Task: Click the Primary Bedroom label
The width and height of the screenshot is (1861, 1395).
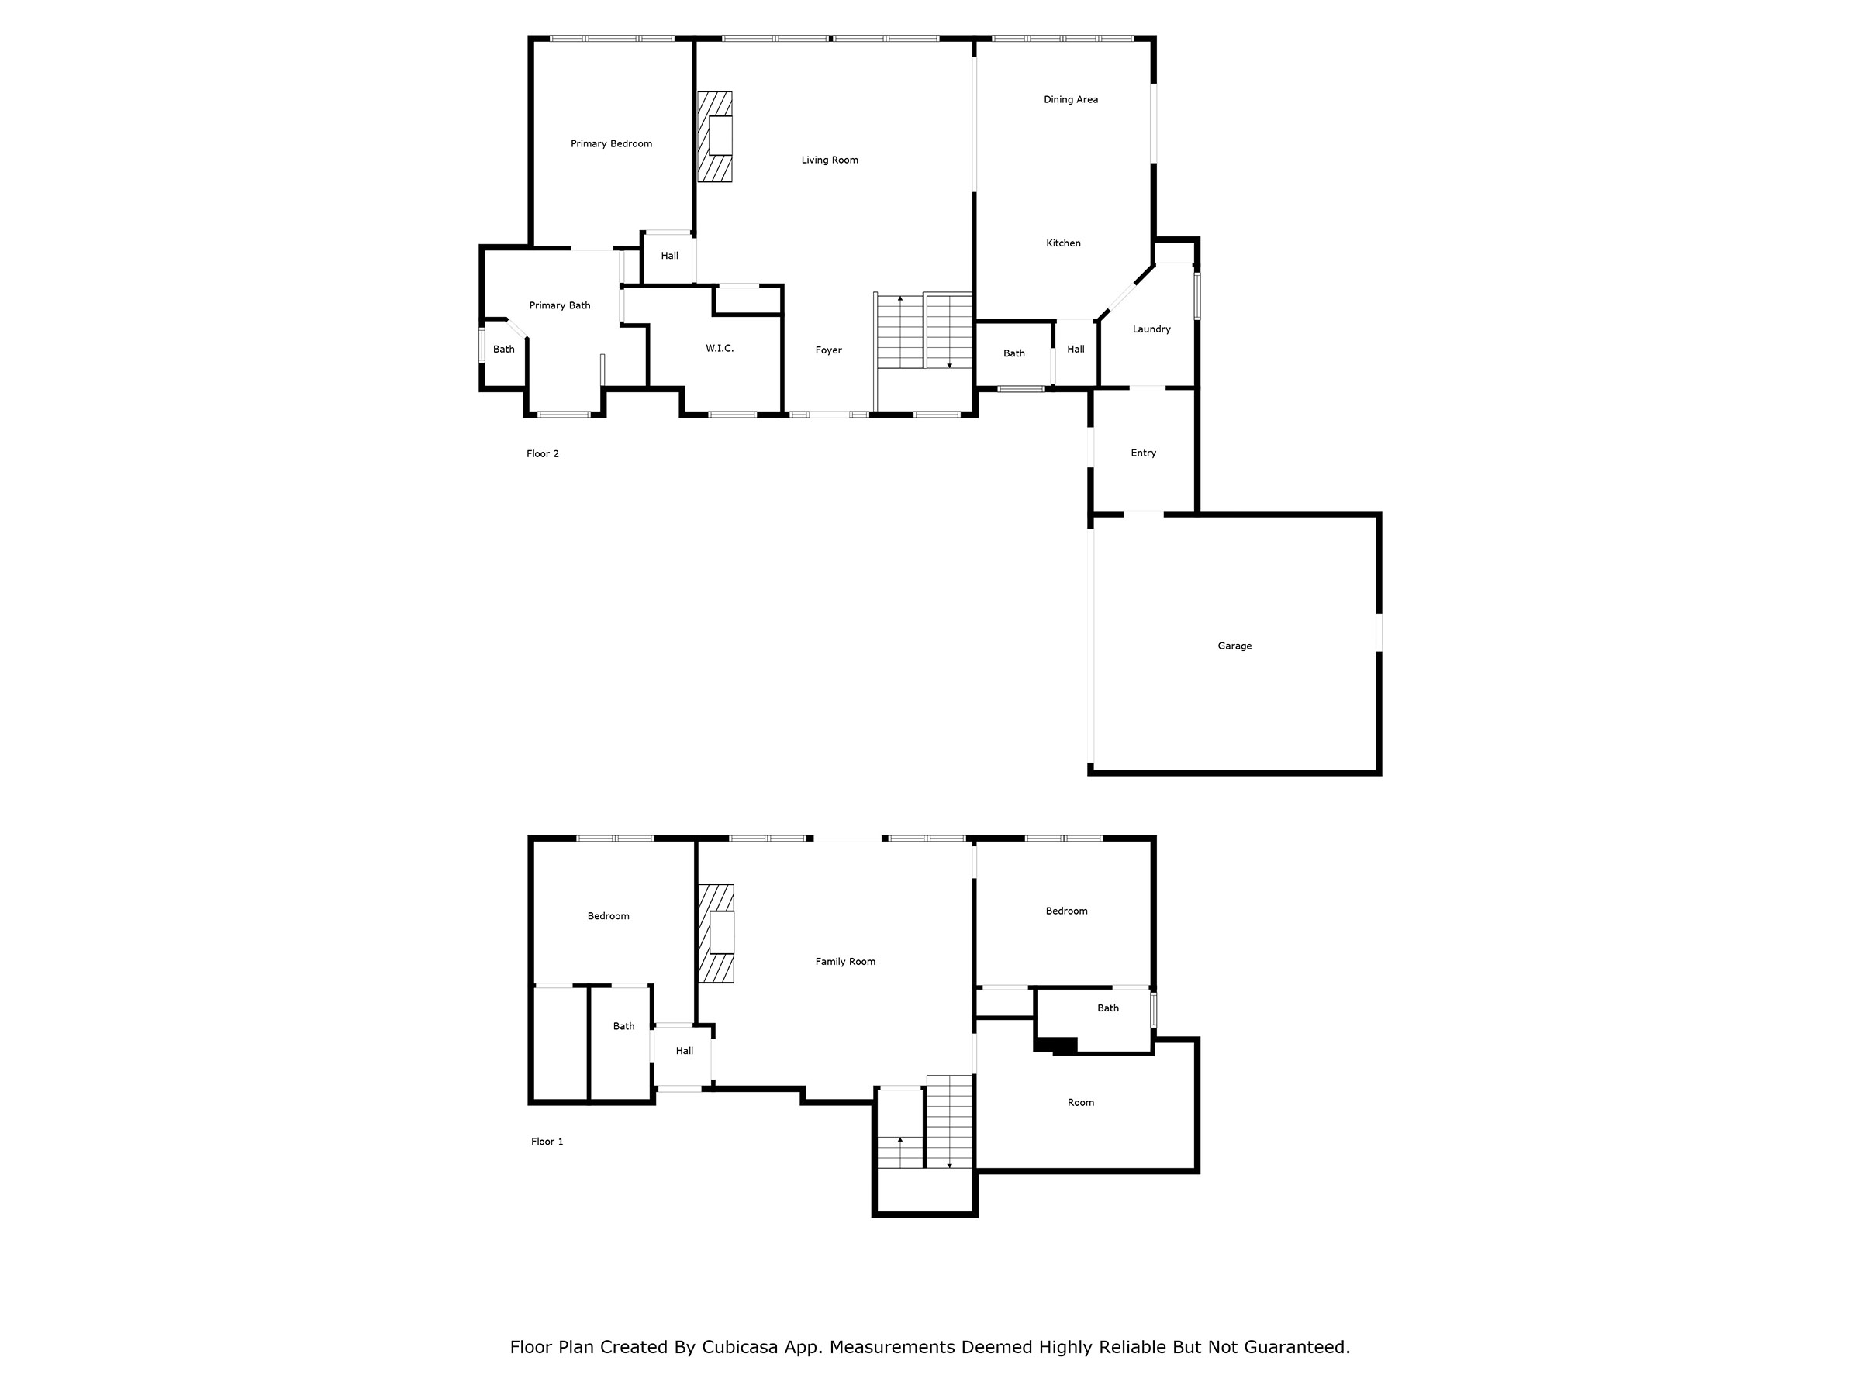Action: pyautogui.click(x=611, y=144)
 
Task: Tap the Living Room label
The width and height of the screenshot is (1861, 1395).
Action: pyautogui.click(x=830, y=160)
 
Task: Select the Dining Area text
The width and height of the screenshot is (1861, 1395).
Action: pyautogui.click(x=1070, y=99)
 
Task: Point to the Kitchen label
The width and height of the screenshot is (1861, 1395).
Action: pyautogui.click(x=1063, y=243)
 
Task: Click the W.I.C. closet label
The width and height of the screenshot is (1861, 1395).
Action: pyautogui.click(x=720, y=348)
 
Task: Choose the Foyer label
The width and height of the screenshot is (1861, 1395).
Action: pyautogui.click(x=829, y=350)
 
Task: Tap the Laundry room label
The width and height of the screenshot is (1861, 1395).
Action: pyautogui.click(x=1151, y=329)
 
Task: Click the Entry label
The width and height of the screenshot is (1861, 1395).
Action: pyautogui.click(x=1144, y=453)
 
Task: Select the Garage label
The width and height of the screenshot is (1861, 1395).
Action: pyautogui.click(x=1234, y=646)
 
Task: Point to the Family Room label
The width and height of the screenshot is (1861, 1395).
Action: pyautogui.click(x=844, y=961)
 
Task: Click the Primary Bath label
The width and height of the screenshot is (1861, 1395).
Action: pyautogui.click(x=560, y=305)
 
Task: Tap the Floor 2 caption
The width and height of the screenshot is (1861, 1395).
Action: pyautogui.click(x=543, y=454)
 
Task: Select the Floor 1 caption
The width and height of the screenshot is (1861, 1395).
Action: pyautogui.click(x=547, y=1141)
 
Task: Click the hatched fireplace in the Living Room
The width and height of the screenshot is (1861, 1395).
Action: pyautogui.click(x=714, y=136)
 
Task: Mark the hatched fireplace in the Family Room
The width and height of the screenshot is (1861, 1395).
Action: pyautogui.click(x=716, y=932)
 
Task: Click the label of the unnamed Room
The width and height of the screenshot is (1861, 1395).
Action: pyautogui.click(x=1080, y=1102)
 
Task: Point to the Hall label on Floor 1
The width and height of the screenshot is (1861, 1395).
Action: pyautogui.click(x=684, y=1051)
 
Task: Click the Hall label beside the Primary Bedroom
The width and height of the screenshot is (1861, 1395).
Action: pyautogui.click(x=669, y=256)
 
